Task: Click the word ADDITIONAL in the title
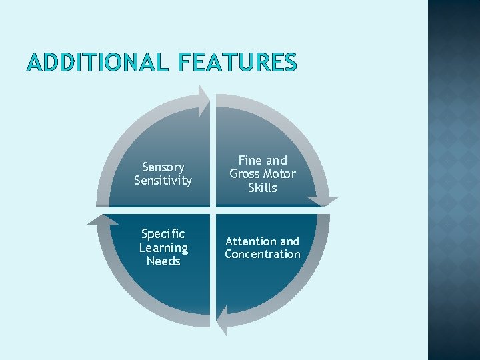point(98,62)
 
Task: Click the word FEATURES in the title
point(237,62)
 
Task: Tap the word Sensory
point(163,167)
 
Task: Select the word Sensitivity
point(163,180)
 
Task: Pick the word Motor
point(281,174)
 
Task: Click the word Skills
point(262,187)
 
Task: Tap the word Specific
point(163,235)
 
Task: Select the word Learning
point(163,248)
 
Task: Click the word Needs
point(163,261)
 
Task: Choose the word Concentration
point(262,254)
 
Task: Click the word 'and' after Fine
point(276,161)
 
